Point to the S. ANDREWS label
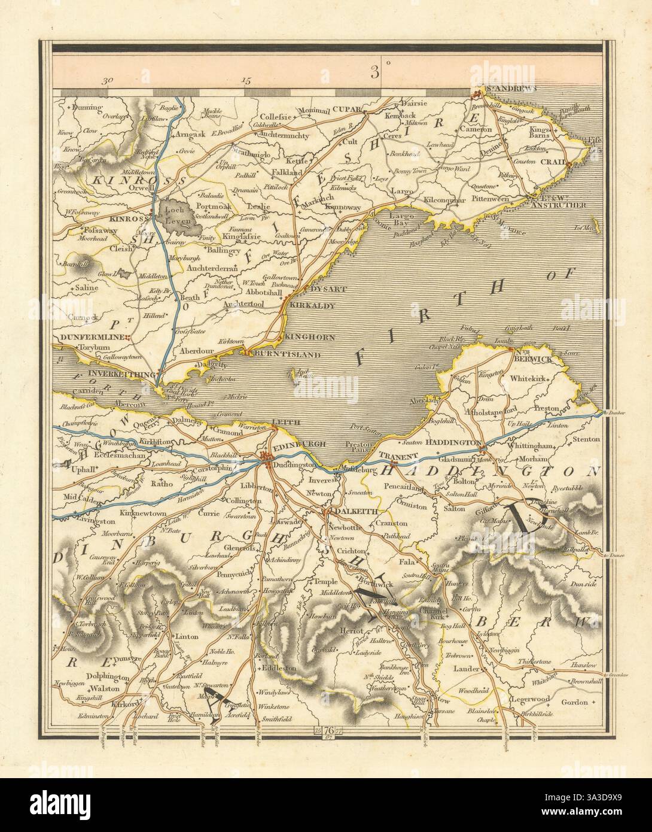tap(508, 89)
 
